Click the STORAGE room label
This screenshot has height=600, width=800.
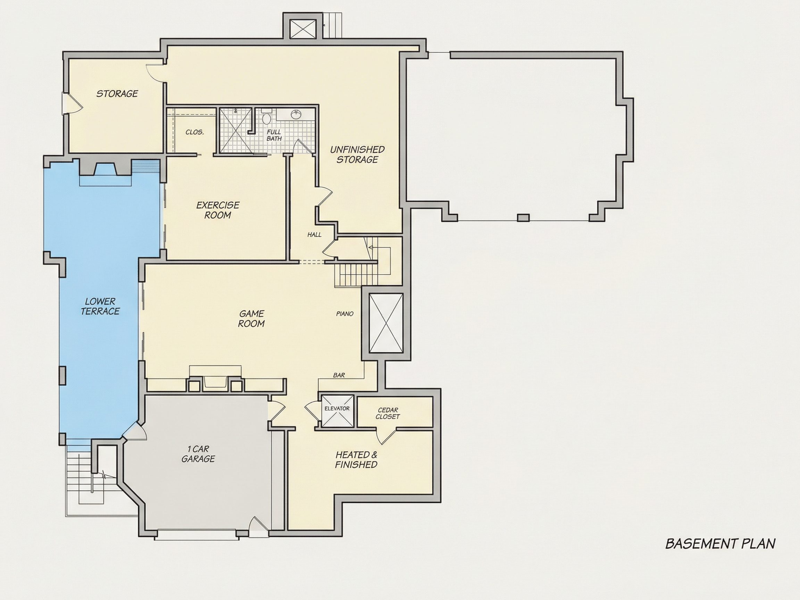[x=117, y=94]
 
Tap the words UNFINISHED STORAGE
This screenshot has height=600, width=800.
[x=357, y=155]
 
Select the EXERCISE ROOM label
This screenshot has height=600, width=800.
[x=218, y=210]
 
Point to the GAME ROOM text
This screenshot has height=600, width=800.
[x=251, y=319]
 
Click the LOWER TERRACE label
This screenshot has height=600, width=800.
[x=100, y=306]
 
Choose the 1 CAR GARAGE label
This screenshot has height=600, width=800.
[x=198, y=454]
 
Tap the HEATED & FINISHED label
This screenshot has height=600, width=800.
[x=356, y=460]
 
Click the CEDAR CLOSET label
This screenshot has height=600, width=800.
[x=388, y=414]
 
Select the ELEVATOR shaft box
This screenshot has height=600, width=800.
[x=337, y=411]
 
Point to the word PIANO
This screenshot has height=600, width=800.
[x=345, y=314]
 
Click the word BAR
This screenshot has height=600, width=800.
[x=339, y=375]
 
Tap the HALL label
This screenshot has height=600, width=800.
[x=314, y=235]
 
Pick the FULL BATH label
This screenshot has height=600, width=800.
[x=274, y=135]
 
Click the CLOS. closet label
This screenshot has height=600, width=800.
[x=194, y=132]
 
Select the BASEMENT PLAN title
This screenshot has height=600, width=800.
[x=720, y=554]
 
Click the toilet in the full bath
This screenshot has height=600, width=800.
[x=267, y=118]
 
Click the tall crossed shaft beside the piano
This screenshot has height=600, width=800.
[x=386, y=323]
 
